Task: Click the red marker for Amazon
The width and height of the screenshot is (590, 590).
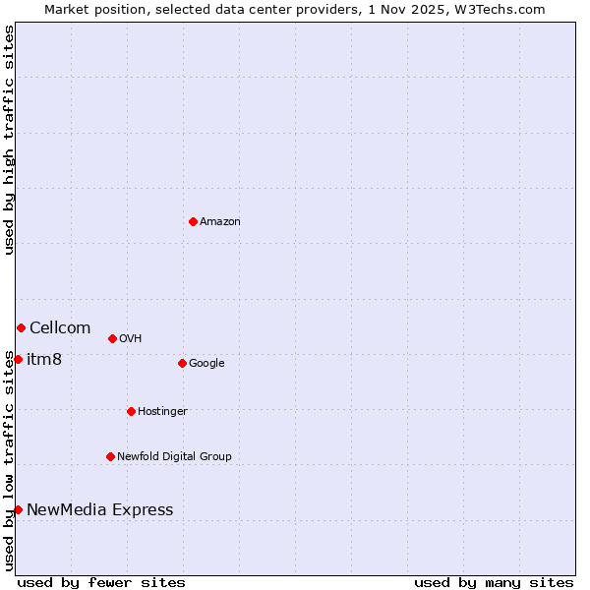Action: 193,221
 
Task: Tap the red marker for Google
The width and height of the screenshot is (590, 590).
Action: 182,363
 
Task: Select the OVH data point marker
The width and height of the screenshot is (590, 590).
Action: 112,338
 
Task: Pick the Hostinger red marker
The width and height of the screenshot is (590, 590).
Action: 131,411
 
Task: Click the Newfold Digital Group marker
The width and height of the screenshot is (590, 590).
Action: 110,456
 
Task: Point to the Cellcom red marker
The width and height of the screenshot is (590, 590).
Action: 21,327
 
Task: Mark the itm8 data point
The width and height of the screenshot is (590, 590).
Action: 18,359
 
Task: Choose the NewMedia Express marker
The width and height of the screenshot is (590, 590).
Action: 18,509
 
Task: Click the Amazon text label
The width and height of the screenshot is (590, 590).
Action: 220,222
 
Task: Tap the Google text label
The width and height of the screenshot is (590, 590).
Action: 206,364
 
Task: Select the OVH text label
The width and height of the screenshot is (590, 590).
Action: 131,339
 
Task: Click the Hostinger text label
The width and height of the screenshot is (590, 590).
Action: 162,412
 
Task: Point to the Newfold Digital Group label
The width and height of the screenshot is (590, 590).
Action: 174,457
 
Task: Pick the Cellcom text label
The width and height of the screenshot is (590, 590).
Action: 60,328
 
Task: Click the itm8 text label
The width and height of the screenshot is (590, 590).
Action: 44,360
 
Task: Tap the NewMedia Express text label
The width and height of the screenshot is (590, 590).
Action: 99,510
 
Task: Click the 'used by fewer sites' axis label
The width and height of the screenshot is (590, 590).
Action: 101,582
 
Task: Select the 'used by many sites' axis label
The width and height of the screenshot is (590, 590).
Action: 494,582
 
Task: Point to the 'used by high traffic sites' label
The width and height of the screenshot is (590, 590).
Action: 9,140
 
